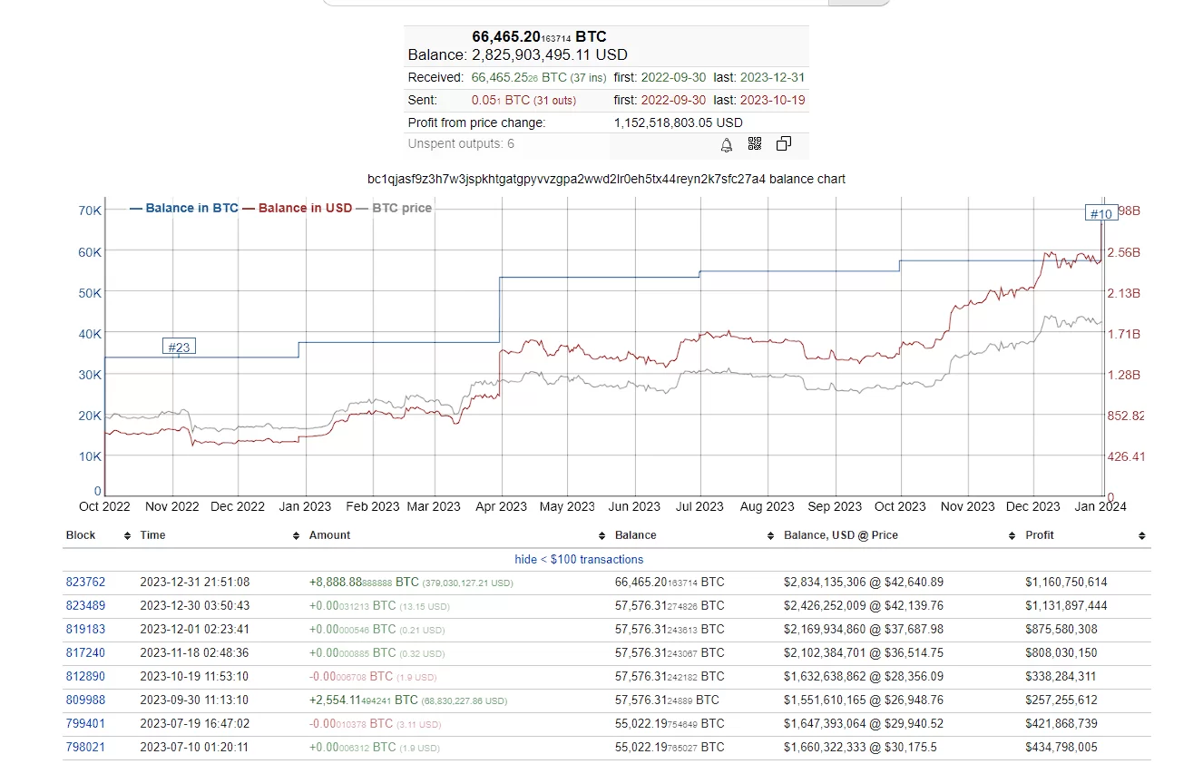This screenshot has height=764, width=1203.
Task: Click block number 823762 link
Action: coord(85,583)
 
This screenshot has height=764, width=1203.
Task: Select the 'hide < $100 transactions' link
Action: coord(579,560)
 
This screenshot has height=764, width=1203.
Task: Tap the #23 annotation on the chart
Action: coord(179,347)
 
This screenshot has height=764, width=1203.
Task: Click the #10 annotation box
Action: coord(1100,214)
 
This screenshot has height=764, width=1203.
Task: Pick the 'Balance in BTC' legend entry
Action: coord(184,208)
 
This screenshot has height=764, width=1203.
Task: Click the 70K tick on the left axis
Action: coord(90,211)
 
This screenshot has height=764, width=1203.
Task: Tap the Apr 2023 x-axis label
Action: coord(501,507)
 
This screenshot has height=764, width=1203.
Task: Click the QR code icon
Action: coord(755,144)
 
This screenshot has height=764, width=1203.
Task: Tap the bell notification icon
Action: coord(727,144)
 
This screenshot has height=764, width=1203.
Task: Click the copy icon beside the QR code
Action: coord(784,144)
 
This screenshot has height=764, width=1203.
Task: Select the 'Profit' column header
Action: coord(1040,535)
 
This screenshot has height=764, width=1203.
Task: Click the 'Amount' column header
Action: coord(329,535)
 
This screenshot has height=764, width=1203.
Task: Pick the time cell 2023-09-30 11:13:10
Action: coord(194,700)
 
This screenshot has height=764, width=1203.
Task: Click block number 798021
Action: coord(85,748)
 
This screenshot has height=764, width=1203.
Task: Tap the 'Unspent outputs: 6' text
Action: coord(461,144)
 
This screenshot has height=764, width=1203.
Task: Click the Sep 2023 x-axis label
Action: coord(835,507)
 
